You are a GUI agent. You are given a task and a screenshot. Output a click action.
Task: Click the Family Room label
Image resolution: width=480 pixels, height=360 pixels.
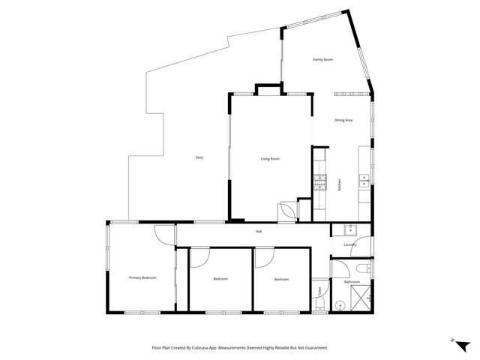(322, 59)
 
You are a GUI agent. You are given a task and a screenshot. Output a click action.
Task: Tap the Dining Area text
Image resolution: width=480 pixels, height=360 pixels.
(343, 120)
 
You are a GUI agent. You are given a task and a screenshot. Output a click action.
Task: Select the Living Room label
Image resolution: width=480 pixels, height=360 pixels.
(270, 158)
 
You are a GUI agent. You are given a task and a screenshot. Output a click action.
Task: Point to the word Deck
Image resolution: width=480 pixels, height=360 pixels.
(199, 157)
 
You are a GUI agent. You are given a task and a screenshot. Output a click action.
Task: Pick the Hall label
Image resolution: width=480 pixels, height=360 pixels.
(258, 231)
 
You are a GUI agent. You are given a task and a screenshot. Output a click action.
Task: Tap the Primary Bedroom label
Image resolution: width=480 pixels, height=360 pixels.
(142, 277)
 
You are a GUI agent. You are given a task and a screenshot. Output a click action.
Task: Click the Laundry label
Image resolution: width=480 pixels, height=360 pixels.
(349, 244)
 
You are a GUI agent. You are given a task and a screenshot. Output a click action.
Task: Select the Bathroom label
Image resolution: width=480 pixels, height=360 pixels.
(352, 282)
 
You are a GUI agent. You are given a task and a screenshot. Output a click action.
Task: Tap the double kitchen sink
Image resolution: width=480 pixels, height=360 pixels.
(364, 179)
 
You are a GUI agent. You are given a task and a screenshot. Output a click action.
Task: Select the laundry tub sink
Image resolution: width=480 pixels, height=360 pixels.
(349, 229)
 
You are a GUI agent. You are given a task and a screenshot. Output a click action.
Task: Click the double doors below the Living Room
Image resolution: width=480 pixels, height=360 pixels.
(287, 212)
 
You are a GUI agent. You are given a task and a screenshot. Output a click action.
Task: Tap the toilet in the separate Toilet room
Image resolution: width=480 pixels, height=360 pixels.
(320, 304)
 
